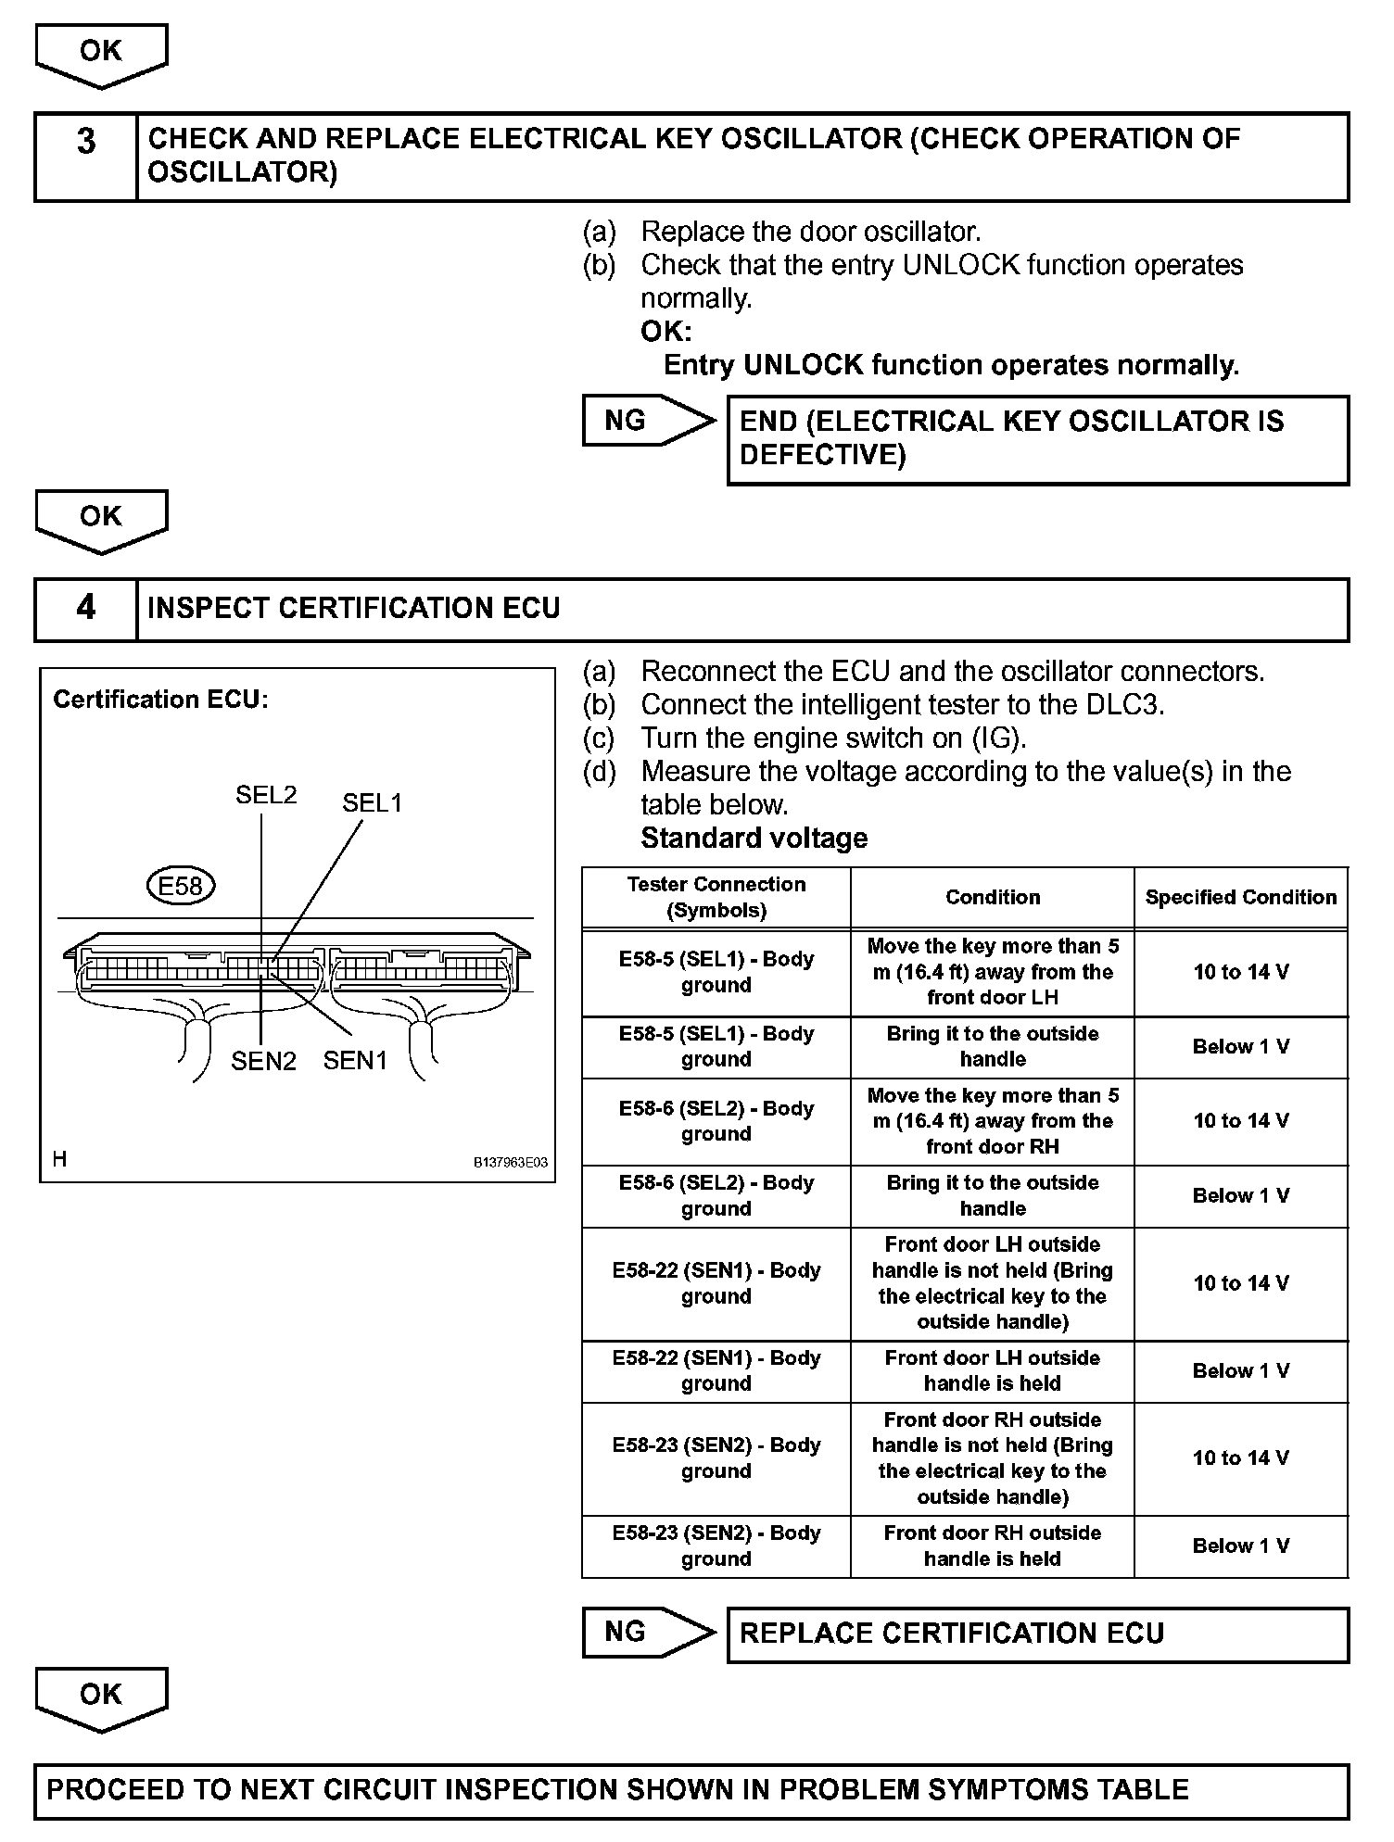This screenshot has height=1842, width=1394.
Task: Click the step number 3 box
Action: click(86, 157)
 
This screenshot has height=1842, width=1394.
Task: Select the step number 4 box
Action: click(86, 609)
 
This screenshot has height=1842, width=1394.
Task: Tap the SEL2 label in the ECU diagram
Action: click(266, 795)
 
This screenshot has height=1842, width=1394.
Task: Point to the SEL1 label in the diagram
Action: click(373, 803)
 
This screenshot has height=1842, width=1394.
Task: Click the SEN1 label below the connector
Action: click(355, 1061)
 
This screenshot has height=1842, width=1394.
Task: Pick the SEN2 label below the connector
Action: click(263, 1061)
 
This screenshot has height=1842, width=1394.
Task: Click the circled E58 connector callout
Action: click(181, 886)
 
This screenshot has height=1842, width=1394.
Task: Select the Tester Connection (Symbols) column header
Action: click(716, 897)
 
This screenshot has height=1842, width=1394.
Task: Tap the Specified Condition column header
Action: click(1241, 897)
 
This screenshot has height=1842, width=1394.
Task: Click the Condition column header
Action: click(993, 897)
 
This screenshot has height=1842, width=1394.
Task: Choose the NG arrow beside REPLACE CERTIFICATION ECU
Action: click(648, 1632)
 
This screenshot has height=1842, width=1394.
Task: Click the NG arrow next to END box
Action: click(648, 421)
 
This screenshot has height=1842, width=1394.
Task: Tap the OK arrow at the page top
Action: click(101, 55)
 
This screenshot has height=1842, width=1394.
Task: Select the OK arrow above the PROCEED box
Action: click(101, 1697)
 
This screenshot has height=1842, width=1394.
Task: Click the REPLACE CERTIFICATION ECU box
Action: click(1037, 1634)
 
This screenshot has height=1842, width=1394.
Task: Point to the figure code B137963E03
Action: click(511, 1162)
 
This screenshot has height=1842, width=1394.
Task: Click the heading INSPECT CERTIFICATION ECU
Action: click(354, 609)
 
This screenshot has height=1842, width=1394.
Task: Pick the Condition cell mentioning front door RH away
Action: click(993, 1121)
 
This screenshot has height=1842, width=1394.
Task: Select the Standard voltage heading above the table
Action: click(754, 839)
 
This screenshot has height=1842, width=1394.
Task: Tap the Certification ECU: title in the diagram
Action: click(160, 700)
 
